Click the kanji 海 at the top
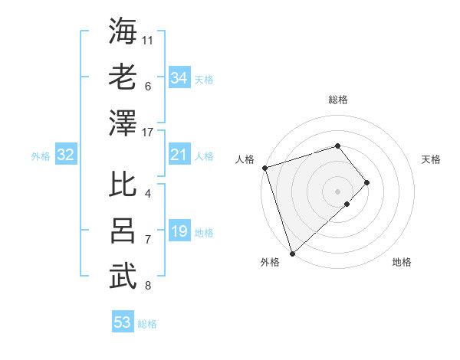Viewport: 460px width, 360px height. (123, 31)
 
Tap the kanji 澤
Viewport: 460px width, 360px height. (123, 123)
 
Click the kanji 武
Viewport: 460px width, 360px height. (123, 277)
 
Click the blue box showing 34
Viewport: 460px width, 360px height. (179, 78)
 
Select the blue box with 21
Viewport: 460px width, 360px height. (179, 155)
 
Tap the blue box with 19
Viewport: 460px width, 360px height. (179, 232)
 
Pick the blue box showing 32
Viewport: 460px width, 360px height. (66, 155)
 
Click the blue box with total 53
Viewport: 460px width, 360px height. (123, 322)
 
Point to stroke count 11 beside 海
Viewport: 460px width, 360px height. (149, 39)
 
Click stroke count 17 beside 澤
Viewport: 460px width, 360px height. (149, 133)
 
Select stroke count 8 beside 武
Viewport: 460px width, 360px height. (148, 286)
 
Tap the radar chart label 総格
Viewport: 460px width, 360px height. (338, 100)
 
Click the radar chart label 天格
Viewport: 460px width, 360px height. (432, 159)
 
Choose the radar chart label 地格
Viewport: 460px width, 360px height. (402, 263)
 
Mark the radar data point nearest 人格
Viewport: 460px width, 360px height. (264, 168)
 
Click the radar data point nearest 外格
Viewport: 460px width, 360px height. (292, 253)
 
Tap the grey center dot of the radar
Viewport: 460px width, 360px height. (337, 191)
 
